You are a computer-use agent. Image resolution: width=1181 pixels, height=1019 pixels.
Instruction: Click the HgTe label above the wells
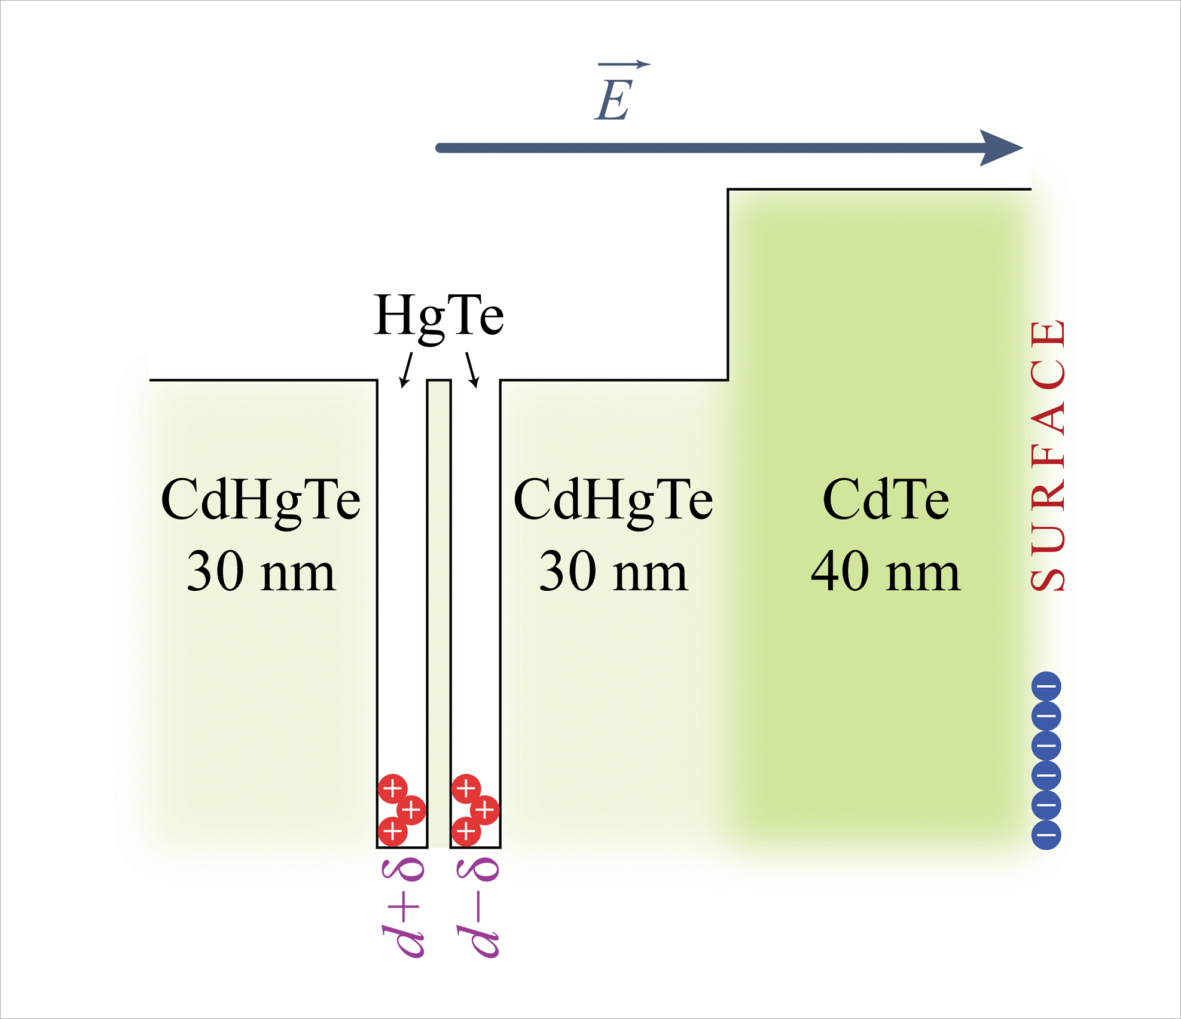coord(438,316)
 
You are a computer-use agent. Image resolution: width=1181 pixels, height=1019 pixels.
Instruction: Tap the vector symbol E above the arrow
coord(614,99)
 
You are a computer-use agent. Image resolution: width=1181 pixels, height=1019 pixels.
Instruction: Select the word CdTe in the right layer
coord(885,500)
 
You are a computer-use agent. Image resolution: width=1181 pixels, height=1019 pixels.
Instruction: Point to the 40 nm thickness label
coord(885,572)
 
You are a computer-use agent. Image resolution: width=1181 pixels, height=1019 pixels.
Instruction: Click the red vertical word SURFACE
coord(1048,456)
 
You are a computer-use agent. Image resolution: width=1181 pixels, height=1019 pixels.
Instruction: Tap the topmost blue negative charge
coord(1046,687)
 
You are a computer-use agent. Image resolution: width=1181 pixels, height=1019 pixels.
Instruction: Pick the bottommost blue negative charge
coord(1046,834)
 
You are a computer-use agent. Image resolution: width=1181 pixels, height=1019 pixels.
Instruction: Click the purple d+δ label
coord(403,908)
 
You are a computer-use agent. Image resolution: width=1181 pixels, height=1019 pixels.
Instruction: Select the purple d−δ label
coord(477,908)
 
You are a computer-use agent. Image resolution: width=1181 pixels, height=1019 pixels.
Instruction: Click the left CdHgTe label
coord(261,500)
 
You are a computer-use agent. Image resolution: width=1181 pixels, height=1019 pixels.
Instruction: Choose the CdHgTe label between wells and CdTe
coord(613,500)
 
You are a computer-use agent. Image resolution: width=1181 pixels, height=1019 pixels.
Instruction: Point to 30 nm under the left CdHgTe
coord(261,572)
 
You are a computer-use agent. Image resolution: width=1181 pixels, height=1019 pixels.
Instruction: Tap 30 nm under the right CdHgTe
coord(613,572)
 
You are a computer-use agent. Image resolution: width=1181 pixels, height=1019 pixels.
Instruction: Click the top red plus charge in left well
coord(392,789)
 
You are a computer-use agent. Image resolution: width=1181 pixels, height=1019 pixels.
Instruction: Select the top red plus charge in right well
coord(466,789)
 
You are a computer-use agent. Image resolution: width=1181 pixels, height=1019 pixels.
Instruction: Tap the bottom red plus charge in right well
coord(466,831)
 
